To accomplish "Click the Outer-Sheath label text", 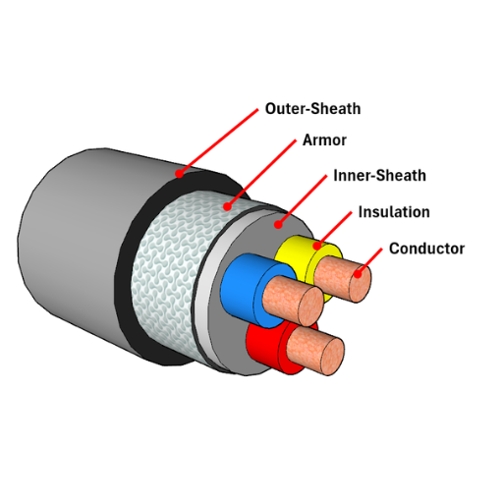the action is coord(312,109).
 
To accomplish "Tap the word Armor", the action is coord(324,140).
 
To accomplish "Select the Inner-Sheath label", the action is coord(379,176).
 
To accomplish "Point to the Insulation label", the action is coord(394,212).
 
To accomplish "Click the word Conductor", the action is coord(426,249).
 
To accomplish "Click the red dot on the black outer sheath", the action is coord(179,173).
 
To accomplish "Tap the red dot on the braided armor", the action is coord(227,206).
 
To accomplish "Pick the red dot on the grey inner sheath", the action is coord(278,225).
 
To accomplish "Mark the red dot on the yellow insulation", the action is coord(316,246).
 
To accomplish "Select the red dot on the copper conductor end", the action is coord(358,273).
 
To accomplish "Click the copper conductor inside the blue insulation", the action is coord(293,301).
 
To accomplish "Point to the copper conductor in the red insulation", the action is coord(315,351).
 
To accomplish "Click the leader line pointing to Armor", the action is coord(262,173).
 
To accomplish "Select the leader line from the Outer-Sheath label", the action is coord(219,141).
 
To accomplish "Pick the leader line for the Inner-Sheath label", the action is coord(303,199).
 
